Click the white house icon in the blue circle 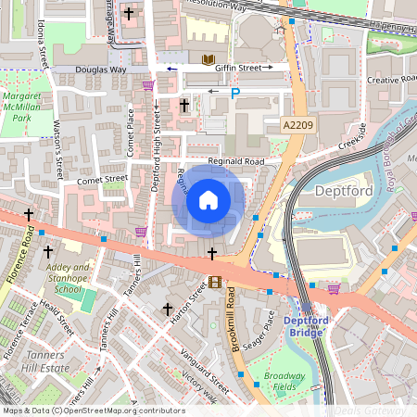(208, 200)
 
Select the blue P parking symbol (234, 94)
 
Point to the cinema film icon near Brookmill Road (216, 283)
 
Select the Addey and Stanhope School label (68, 277)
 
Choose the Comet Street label (102, 179)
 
